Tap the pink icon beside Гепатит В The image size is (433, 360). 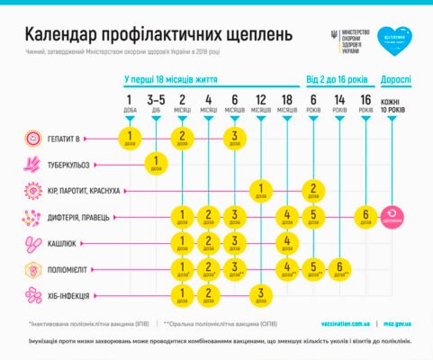tap(32, 139)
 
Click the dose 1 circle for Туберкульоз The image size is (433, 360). tap(156, 165)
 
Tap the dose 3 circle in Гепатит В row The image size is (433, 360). tap(234, 139)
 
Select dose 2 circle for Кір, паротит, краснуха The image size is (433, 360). tap(312, 191)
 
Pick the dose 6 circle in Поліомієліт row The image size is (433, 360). tap(338, 269)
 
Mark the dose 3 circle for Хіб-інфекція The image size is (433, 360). tap(260, 295)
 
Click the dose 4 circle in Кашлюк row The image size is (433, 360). tap(286, 243)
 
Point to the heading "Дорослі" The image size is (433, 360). tap(396, 79)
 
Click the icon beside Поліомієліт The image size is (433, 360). tap(32, 269)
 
